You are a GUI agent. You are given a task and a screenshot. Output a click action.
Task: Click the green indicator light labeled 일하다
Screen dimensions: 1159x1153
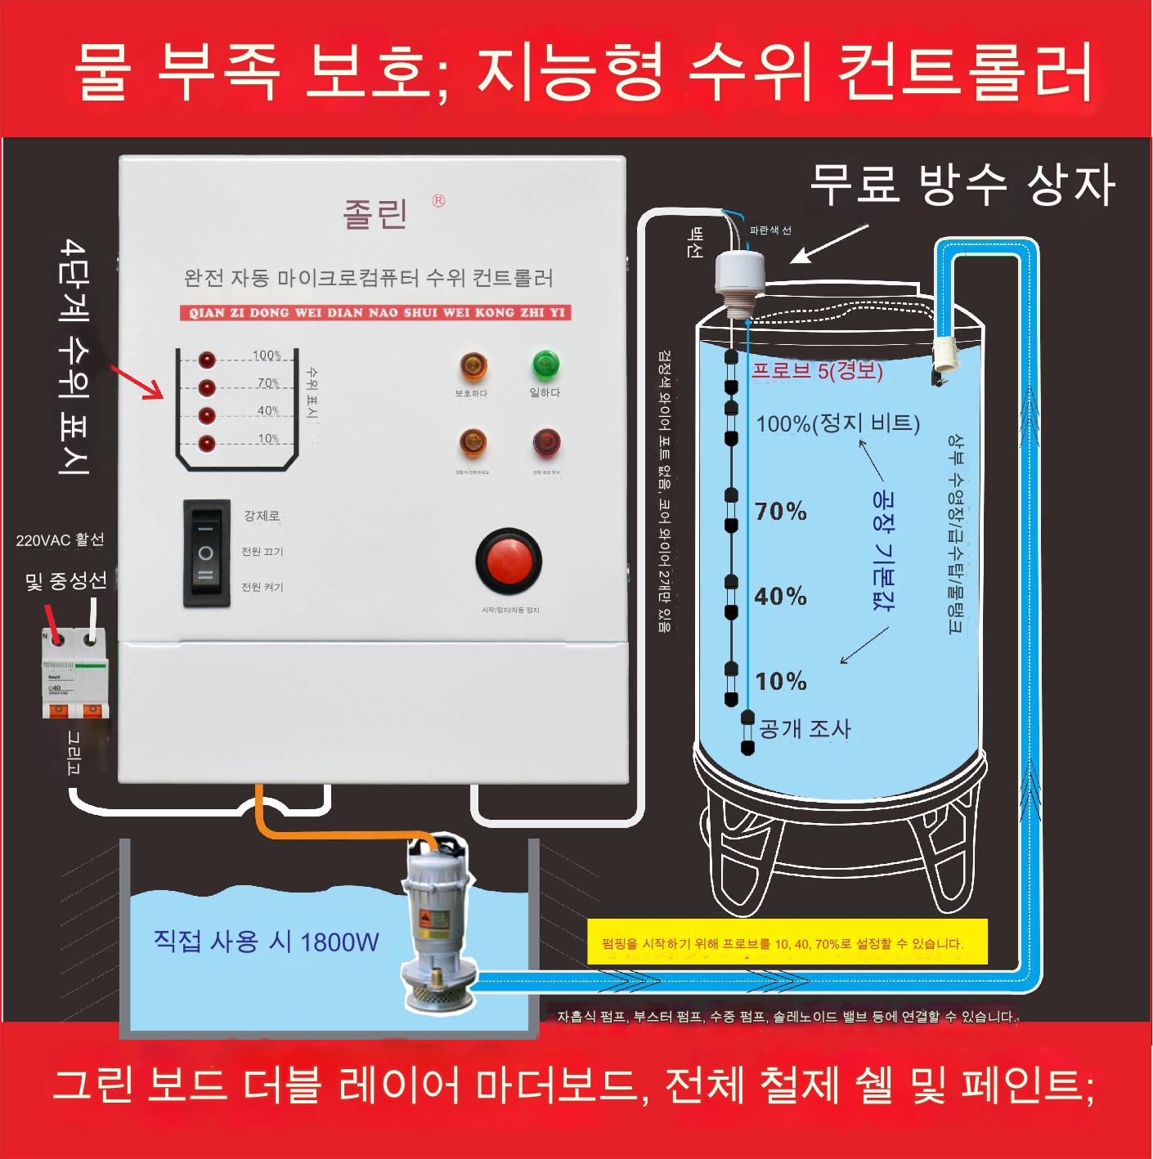coord(545,364)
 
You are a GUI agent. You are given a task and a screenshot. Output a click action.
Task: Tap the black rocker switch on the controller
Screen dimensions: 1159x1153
coord(205,553)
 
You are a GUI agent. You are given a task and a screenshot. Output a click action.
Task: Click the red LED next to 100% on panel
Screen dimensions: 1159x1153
coord(207,360)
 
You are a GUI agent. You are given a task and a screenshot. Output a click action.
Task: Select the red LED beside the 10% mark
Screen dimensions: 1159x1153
coord(207,444)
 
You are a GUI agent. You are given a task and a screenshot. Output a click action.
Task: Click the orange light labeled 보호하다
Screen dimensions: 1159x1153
coord(473,365)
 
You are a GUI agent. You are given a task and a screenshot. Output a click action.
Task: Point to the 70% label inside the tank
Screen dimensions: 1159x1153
coord(780,512)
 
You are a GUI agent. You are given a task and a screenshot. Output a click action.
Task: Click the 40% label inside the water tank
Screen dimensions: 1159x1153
coord(780,596)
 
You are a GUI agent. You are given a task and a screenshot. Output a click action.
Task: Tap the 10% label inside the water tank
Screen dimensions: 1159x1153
coord(780,681)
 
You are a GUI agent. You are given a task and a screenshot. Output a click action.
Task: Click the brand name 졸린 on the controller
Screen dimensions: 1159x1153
coord(375,213)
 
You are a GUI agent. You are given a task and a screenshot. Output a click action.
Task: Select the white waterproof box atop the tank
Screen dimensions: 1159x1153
coord(740,273)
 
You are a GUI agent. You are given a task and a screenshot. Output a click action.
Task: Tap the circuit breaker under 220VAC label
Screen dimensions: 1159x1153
coord(75,673)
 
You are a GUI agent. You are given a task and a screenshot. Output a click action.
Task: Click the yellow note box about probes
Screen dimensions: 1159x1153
coord(787,942)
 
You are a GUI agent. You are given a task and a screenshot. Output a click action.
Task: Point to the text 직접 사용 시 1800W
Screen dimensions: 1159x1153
coord(267,942)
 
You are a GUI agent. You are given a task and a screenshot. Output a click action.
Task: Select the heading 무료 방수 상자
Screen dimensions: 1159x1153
coord(962,185)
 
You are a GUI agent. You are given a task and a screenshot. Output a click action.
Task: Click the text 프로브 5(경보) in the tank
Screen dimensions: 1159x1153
coord(817,370)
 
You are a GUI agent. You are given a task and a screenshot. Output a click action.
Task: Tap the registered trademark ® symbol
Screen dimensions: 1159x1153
coord(439,200)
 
